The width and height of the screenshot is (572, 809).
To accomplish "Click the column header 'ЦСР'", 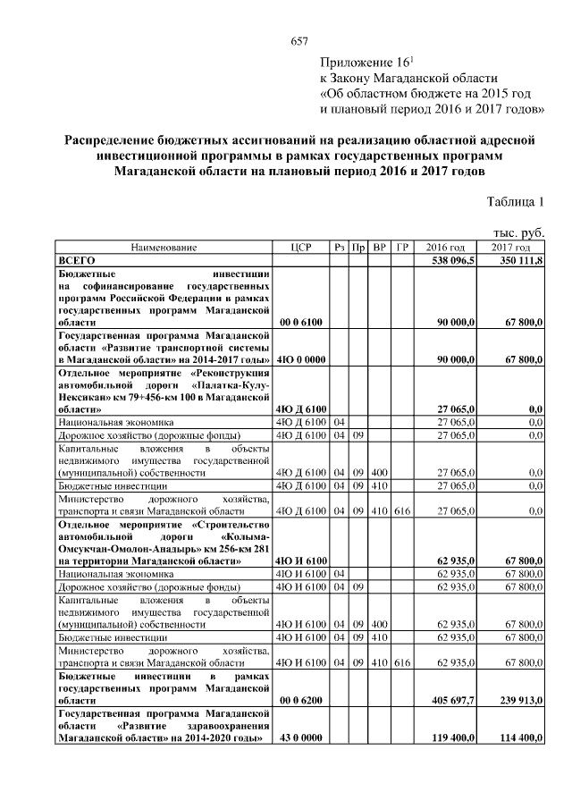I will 301,247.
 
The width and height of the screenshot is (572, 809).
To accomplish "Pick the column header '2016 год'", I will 445,247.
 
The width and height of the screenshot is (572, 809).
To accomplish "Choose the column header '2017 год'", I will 511,247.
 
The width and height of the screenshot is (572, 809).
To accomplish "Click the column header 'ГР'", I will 402,247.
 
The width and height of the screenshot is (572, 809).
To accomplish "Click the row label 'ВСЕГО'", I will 78,258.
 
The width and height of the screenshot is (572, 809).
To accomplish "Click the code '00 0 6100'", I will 300,320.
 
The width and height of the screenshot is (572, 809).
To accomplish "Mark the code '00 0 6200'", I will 300,704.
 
